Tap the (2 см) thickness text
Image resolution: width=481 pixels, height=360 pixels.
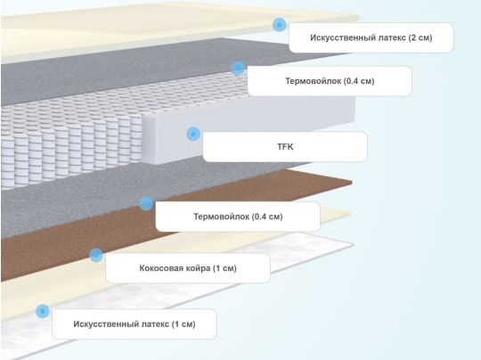click(x=420, y=37)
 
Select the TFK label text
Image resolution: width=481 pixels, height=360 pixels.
click(x=285, y=147)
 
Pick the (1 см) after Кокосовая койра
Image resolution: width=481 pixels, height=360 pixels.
click(x=224, y=268)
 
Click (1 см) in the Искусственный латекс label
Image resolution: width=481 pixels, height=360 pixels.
click(x=183, y=324)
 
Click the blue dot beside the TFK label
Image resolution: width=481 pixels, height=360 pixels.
click(x=193, y=134)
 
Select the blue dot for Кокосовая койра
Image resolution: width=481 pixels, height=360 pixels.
click(x=96, y=255)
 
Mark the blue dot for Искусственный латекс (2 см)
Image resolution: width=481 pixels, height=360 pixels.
click(x=279, y=24)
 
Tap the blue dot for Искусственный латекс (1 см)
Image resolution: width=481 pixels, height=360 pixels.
click(x=43, y=311)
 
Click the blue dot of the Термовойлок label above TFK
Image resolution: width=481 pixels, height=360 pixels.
click(x=238, y=68)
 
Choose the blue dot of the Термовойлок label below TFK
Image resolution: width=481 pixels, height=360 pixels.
click(x=146, y=203)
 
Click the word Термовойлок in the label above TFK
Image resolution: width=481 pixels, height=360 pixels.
click(x=314, y=81)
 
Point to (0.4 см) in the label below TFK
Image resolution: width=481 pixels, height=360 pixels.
click(x=267, y=217)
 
